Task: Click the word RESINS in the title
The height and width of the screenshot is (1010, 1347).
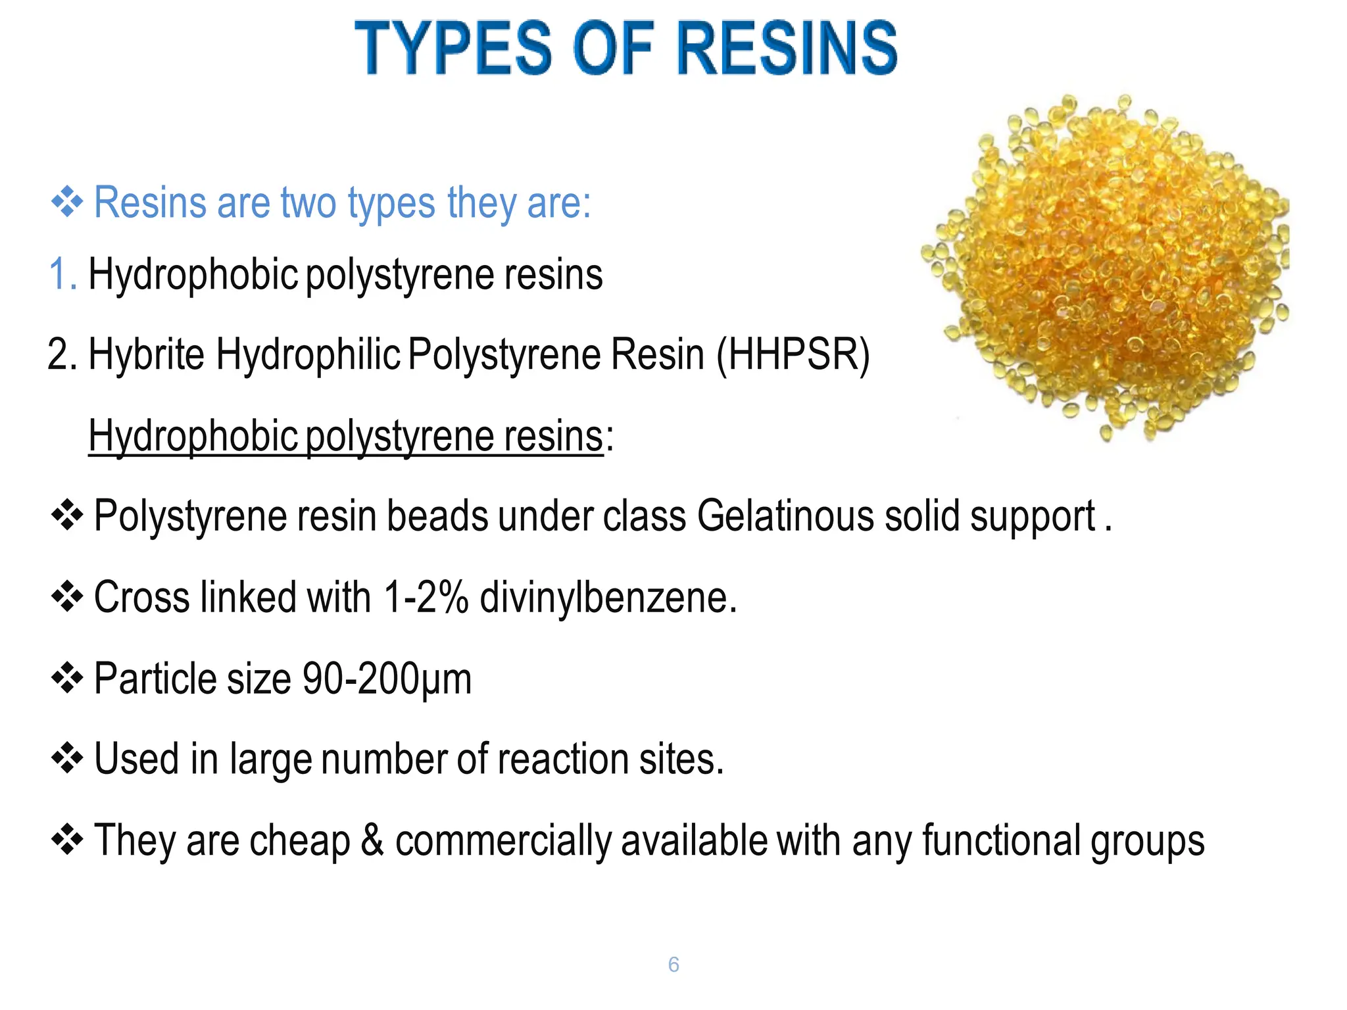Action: coord(787,47)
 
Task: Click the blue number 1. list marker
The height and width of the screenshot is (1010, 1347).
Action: coord(62,274)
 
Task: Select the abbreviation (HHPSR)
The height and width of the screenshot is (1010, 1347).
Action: coord(793,355)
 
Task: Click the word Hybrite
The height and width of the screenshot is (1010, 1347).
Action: coord(146,355)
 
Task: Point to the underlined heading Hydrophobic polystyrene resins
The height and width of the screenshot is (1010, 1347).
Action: coord(345,436)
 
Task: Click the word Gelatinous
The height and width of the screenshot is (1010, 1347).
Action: coord(785,516)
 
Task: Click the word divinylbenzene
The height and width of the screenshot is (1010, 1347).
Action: coord(608,597)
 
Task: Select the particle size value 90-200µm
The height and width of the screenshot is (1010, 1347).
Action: coord(387,679)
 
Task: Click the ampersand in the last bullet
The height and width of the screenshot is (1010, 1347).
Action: coord(372,840)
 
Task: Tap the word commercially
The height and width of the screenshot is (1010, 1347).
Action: coord(503,840)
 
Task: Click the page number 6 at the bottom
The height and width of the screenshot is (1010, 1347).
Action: coord(673,965)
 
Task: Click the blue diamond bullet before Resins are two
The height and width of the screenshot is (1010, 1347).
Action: coord(66,202)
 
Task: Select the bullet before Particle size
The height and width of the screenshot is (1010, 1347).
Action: coord(66,679)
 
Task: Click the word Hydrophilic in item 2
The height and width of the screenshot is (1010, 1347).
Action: coord(308,355)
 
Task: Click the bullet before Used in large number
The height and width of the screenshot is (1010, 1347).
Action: coord(66,759)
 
